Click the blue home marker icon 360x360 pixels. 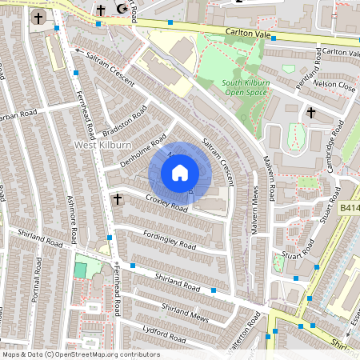(180, 172)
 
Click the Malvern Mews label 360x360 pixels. (256, 216)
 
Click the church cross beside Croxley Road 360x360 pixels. (118, 198)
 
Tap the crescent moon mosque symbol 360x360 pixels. (121, 9)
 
